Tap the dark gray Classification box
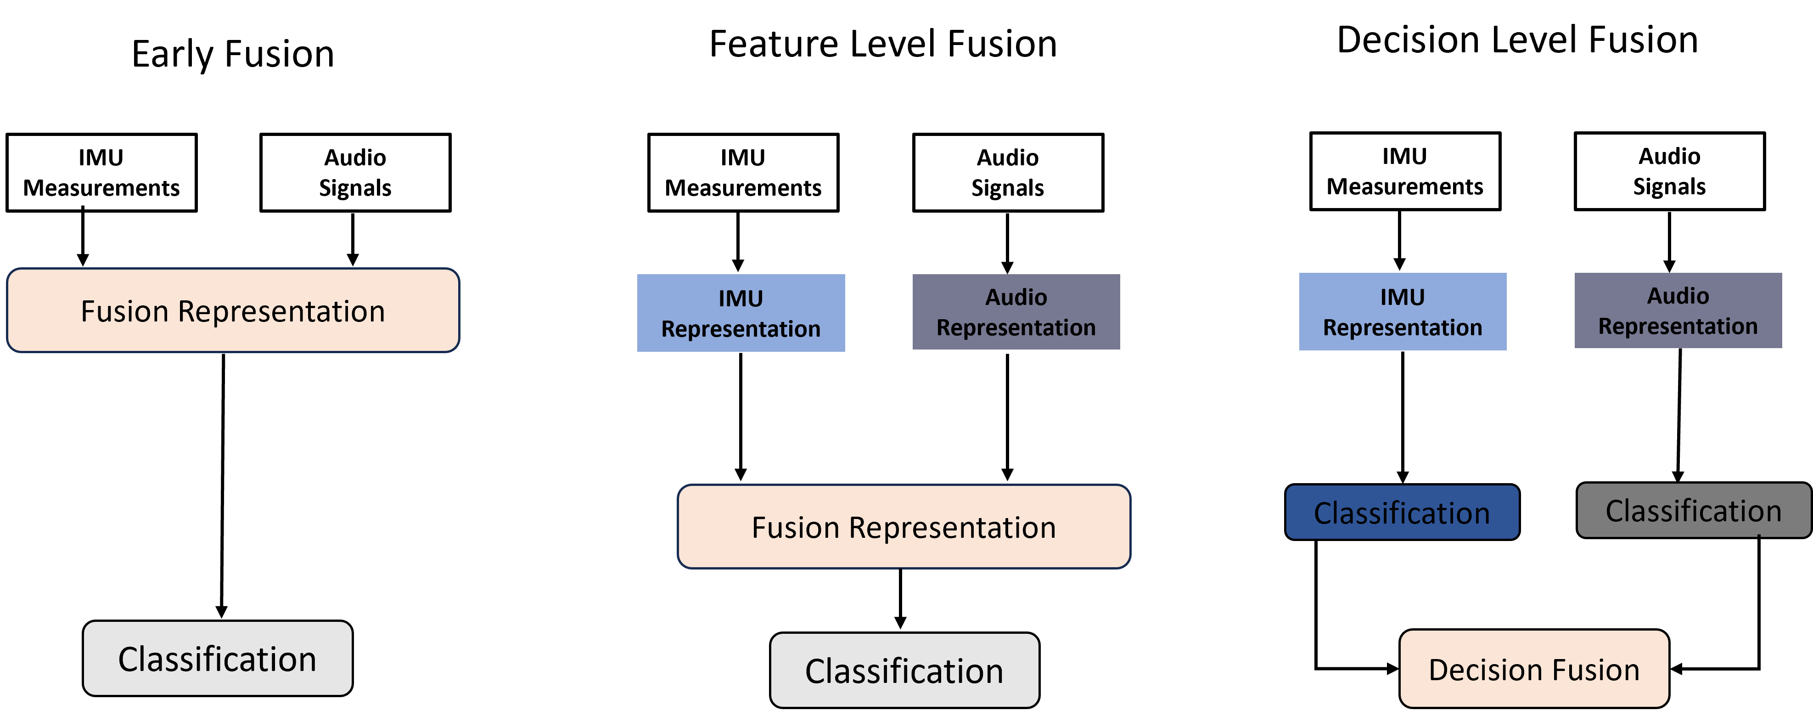click(x=1693, y=510)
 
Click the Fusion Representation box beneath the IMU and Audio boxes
click(x=904, y=527)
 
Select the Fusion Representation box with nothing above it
click(x=233, y=310)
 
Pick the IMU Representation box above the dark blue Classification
click(x=1403, y=312)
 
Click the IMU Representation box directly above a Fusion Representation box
click(x=741, y=313)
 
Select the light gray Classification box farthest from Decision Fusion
click(x=218, y=658)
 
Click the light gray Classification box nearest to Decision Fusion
click(x=904, y=670)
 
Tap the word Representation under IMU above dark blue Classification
click(x=1403, y=327)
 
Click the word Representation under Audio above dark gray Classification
click(x=1678, y=326)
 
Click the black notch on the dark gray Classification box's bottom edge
click(x=1759, y=536)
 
